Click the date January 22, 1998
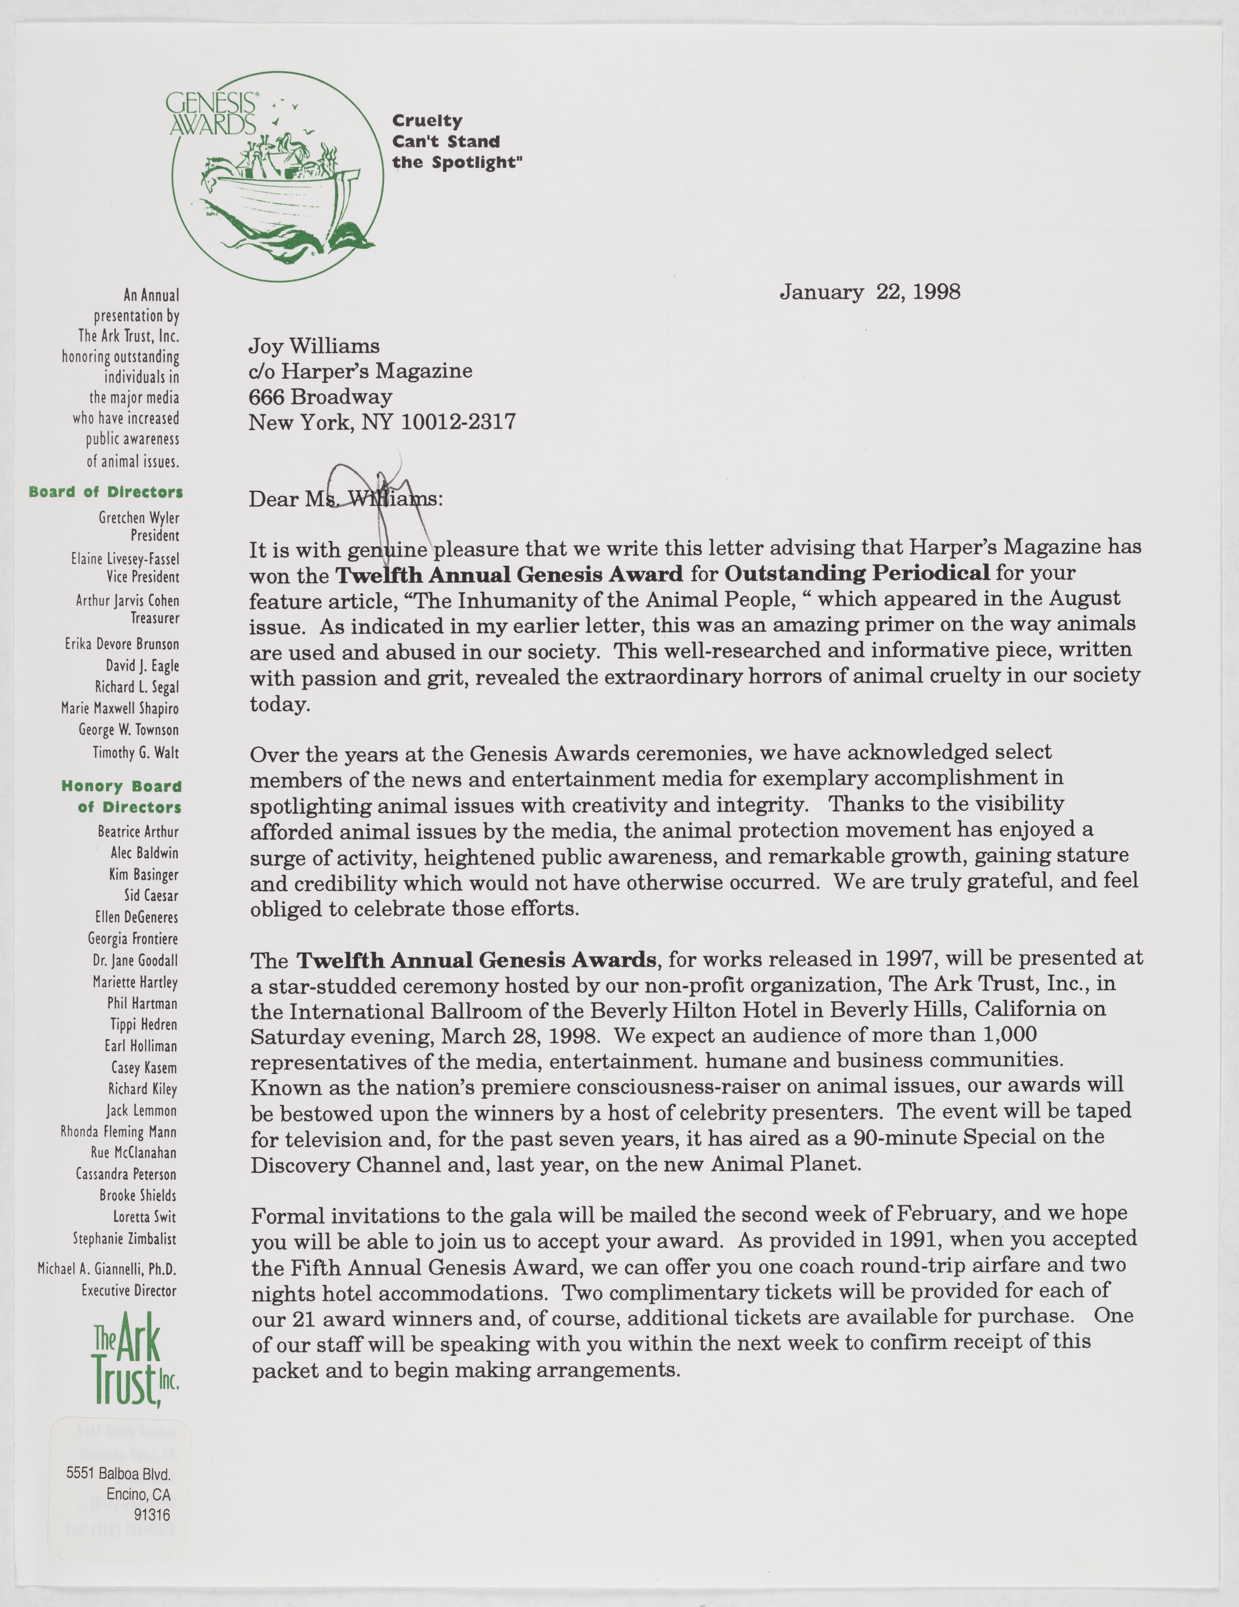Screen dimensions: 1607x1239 870,292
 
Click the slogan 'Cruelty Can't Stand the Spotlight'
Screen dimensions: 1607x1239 456,141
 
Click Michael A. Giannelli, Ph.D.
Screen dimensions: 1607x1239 107,1269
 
